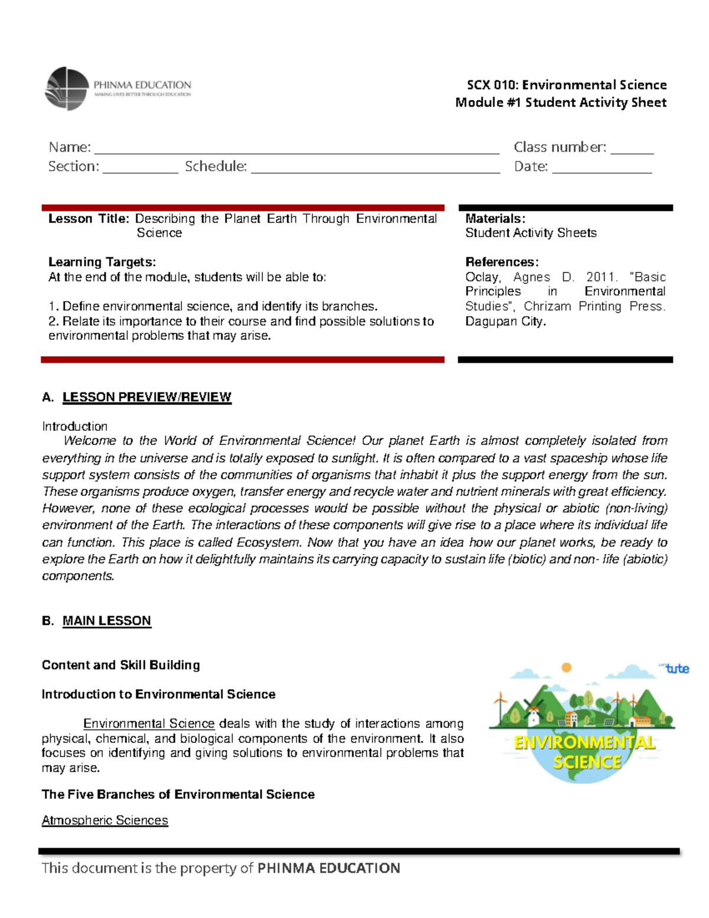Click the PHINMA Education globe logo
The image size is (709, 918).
click(x=67, y=89)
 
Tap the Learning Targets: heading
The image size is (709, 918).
click(x=102, y=262)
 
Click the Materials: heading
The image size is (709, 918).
click(x=495, y=219)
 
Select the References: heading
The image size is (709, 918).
click(x=502, y=262)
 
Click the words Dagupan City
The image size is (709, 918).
click(x=505, y=322)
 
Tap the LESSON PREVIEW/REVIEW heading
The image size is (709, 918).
click(x=147, y=397)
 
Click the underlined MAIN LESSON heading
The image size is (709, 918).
click(x=107, y=621)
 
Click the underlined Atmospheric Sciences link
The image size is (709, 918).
click(x=105, y=820)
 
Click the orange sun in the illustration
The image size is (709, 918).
click(x=566, y=667)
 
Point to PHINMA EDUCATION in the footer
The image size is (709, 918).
click(x=329, y=868)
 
